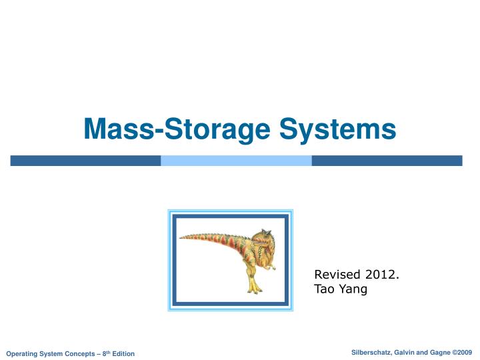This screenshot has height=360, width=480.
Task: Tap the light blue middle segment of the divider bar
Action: coord(236,161)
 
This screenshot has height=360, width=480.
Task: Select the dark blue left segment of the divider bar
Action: coord(85,161)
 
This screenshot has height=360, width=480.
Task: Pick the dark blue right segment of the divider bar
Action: coord(387,161)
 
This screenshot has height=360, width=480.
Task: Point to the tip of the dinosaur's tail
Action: coord(182,236)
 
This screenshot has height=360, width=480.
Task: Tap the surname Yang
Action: coord(353,289)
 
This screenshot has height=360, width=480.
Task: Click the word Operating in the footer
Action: coord(21,353)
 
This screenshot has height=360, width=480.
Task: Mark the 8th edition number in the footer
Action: coord(103,353)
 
